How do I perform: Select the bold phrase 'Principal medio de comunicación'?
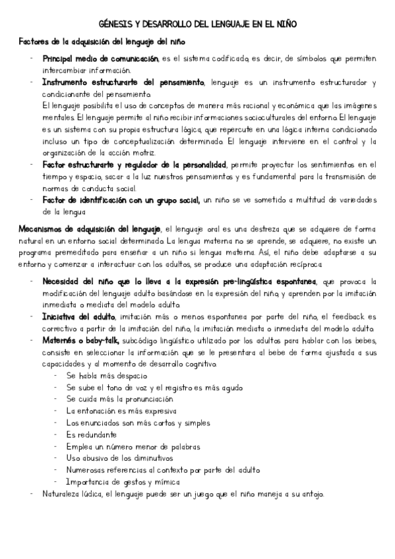click(100, 59)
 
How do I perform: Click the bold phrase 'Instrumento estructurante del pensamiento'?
click(123, 82)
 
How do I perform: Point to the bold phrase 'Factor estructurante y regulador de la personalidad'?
click(135, 163)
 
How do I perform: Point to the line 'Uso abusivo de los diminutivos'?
click(119, 457)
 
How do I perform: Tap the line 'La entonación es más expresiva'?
click(122, 411)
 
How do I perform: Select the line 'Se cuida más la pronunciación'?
click(120, 399)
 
